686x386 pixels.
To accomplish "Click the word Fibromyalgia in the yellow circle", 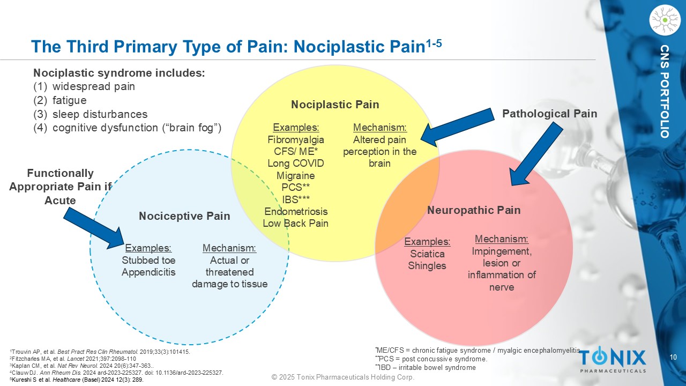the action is coord(295,140).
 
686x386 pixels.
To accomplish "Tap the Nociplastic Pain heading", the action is coord(335,105).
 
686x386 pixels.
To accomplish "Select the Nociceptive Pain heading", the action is coord(184,216).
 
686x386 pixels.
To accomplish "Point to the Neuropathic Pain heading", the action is coord(474,210).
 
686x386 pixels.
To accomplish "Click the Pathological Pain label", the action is coord(550,114).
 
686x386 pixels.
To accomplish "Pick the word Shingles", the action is coord(427,265).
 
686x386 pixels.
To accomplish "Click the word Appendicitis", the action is coord(148,272).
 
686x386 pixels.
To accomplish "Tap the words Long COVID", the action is coord(295,164).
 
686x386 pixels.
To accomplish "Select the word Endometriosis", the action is coord(296,211).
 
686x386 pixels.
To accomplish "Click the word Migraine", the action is coord(295,175).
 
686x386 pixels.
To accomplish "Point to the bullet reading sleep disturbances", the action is coord(91,114).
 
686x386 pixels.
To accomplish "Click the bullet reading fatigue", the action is coord(60,100).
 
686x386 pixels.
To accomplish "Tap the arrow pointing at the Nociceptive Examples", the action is coord(94,228).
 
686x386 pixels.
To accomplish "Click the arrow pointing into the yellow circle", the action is coord(458,127).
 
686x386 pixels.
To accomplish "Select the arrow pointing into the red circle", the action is coord(536,154).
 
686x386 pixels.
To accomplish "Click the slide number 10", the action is coord(673,357).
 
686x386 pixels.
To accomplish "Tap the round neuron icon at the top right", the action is coord(665,20).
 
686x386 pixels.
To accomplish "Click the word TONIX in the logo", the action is coord(612,357).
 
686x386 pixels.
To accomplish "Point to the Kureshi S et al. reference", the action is coord(77,380).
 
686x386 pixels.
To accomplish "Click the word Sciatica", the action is coord(427,254).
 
